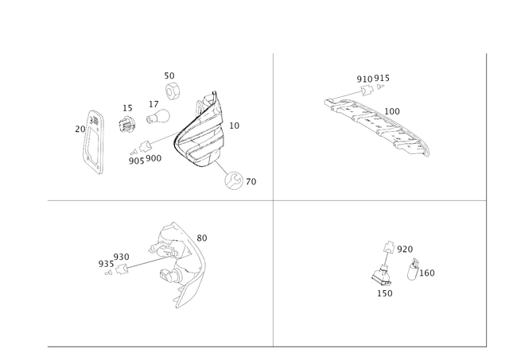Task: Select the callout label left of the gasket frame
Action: point(78,128)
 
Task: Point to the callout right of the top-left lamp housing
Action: point(233,126)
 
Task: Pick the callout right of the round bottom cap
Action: point(253,182)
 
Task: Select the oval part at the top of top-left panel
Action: point(172,88)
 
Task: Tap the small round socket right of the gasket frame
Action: point(125,123)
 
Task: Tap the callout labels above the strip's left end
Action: point(372,78)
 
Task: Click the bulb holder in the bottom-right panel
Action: point(382,274)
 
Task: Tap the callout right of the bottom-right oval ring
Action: point(429,273)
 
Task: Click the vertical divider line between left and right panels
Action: point(273,199)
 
